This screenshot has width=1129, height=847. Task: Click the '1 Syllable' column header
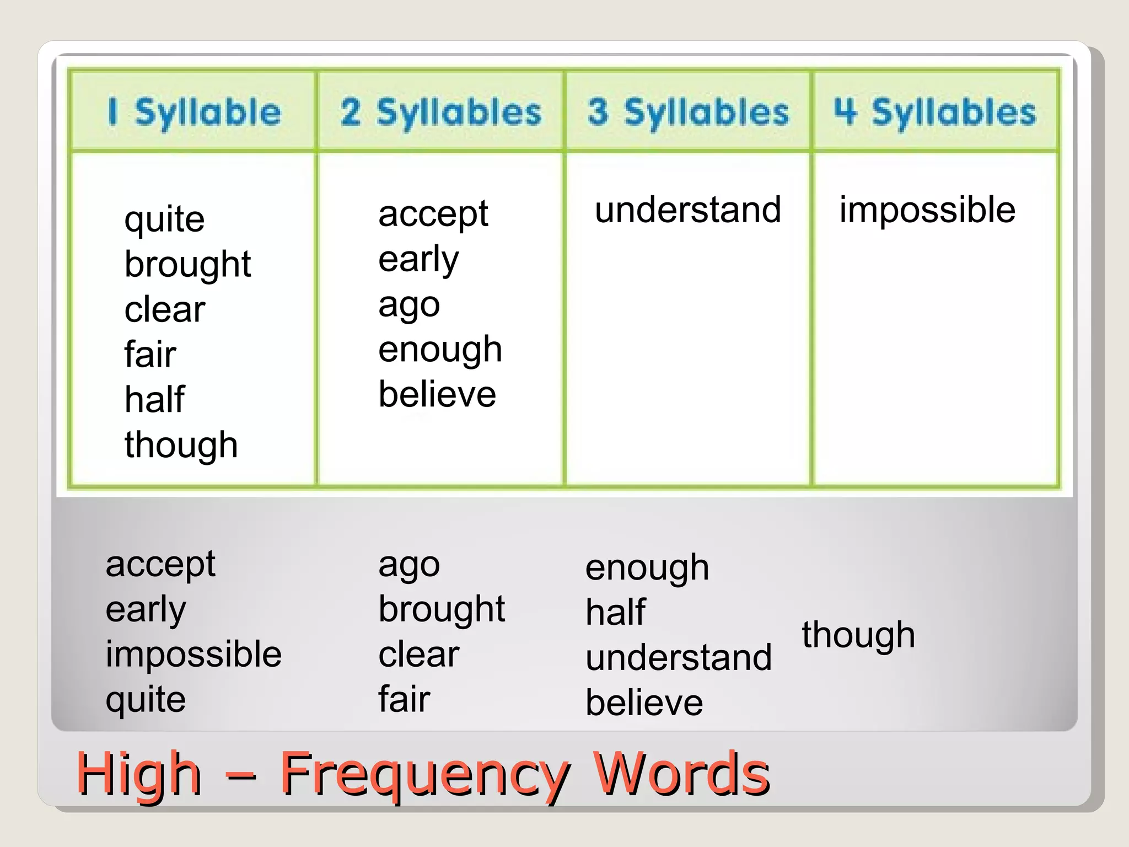point(194,112)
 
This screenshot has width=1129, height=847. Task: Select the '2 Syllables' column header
point(441,112)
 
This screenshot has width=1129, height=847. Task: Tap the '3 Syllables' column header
point(688,112)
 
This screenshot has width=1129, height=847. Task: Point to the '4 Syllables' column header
point(935,112)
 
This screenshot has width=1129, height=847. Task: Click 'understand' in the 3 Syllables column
point(688,210)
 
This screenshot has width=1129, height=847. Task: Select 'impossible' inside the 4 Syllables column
point(927,210)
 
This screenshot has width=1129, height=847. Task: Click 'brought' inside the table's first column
point(187,265)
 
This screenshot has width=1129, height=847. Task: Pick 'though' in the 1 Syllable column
point(181,445)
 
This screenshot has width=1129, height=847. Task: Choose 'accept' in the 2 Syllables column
point(433,215)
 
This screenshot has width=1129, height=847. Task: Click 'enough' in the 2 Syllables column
point(440,350)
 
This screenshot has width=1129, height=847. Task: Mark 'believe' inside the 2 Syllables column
point(437,395)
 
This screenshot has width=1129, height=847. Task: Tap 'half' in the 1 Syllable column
point(154,400)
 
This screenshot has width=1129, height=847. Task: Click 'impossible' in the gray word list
point(193,655)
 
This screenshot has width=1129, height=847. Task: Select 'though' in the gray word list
point(858,635)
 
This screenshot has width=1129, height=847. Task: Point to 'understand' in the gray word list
point(679,658)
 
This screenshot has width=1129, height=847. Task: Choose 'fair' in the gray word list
point(404,700)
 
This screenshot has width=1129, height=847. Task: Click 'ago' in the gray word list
point(409,566)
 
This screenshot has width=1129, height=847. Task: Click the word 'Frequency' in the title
point(424,775)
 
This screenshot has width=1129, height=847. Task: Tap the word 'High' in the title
point(139,775)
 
